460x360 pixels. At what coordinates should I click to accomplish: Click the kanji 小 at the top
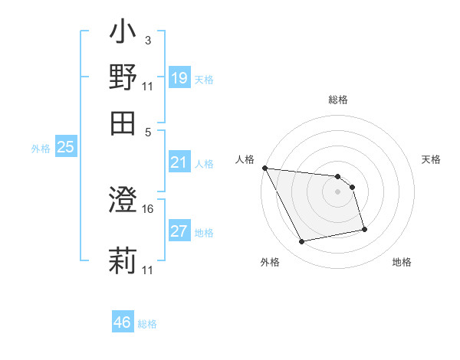coord(123,34)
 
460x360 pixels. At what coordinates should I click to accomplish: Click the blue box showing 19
coord(179,77)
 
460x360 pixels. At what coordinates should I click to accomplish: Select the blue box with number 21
coord(179,162)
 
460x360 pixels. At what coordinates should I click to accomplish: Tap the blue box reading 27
coord(179,231)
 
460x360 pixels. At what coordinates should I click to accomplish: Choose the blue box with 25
coord(65,147)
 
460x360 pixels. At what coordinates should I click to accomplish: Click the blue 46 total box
coord(122,322)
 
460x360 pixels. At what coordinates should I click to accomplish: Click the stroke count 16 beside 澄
coord(149,208)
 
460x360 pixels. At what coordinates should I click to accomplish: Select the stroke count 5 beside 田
coord(148,132)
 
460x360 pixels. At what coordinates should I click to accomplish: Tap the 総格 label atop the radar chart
coord(338,100)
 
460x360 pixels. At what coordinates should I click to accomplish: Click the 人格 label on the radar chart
coord(245,159)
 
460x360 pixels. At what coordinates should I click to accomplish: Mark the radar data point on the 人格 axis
coord(264,168)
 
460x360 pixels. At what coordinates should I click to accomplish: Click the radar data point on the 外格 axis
coord(302,242)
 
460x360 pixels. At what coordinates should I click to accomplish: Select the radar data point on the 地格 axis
coord(364,229)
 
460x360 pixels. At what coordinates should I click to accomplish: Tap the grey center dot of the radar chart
coord(338,192)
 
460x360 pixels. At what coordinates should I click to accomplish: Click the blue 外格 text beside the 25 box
coord(40,149)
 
